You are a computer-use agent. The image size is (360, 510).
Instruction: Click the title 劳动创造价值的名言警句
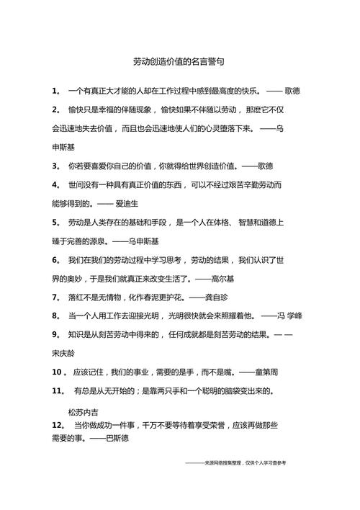point(179,62)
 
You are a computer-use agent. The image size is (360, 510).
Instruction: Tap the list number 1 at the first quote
point(55,91)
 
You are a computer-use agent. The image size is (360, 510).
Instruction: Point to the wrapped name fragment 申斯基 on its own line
point(63,147)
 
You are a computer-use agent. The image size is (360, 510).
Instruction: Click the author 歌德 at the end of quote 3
point(266,166)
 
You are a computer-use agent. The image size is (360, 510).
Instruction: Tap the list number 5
point(55,222)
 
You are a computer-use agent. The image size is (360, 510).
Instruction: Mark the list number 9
point(55,334)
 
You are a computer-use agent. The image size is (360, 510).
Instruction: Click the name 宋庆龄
point(63,353)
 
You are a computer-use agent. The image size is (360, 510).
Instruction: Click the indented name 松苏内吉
point(82,412)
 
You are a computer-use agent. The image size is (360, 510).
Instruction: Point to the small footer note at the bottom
point(235,463)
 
